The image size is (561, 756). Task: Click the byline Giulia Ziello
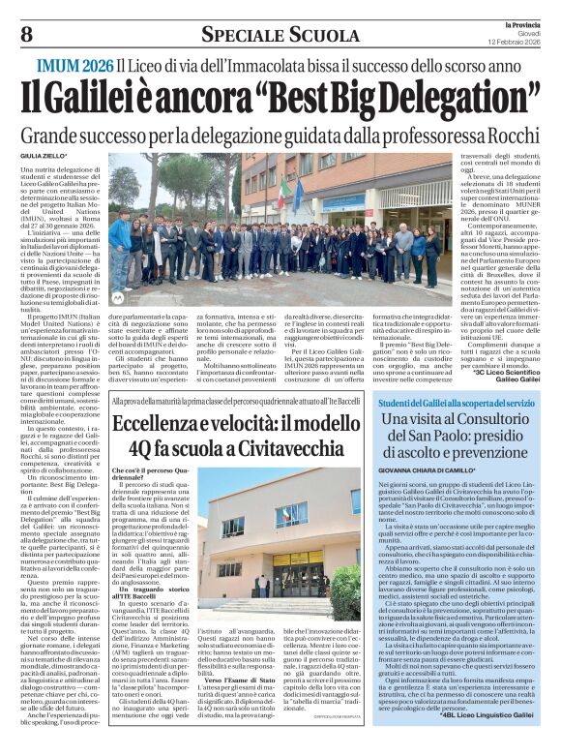(46, 155)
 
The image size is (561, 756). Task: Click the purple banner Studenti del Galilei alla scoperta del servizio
(457, 402)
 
